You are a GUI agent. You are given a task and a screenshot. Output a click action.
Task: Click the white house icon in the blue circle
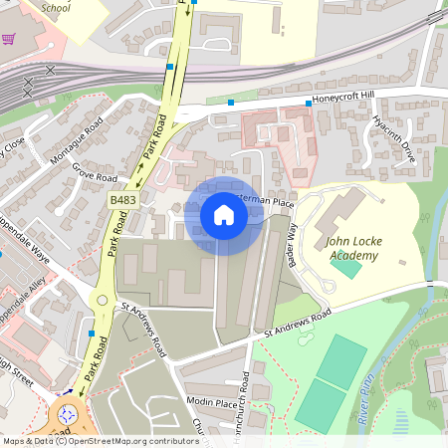tap(224, 215)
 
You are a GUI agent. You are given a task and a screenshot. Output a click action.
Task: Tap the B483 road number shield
tap(123, 201)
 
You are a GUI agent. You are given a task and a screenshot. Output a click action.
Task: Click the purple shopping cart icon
tap(9, 40)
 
